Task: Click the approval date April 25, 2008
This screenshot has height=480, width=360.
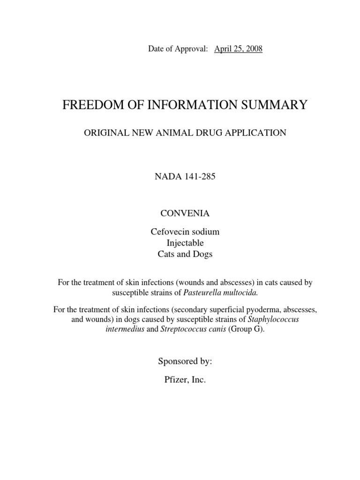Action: tap(238, 49)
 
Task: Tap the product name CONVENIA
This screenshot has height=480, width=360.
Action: tap(185, 213)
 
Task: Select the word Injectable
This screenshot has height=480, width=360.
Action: tap(185, 243)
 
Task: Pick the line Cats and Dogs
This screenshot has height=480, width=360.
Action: tap(185, 254)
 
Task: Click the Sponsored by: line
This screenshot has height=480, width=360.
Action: tap(184, 361)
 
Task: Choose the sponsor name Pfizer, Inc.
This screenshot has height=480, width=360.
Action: tap(184, 380)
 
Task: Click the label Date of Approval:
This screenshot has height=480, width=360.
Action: tap(178, 49)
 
